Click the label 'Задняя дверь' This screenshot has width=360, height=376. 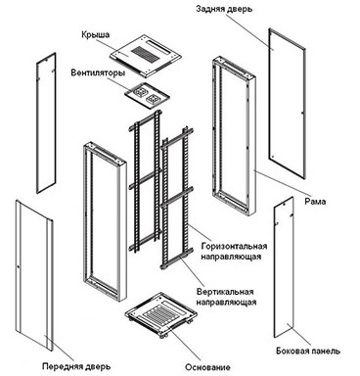pyautogui.click(x=224, y=9)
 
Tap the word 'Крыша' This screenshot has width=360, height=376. pyautogui.click(x=95, y=35)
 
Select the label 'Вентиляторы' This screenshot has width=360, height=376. pyautogui.click(x=98, y=72)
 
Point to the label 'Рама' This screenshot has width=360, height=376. pyautogui.click(x=315, y=202)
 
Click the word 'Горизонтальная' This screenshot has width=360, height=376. pyautogui.click(x=234, y=246)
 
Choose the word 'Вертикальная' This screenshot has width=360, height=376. pyautogui.click(x=225, y=292)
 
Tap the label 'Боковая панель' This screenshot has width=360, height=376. pyautogui.click(x=308, y=352)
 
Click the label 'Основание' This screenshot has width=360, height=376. pyautogui.click(x=207, y=367)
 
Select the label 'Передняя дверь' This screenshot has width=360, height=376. pyautogui.click(x=76, y=366)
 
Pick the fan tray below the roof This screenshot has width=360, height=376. pyautogui.click(x=147, y=94)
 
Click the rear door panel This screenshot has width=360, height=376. pyautogui.click(x=287, y=104)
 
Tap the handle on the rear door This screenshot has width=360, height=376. pyautogui.click(x=302, y=113)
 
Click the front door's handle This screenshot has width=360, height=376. pyautogui.click(x=19, y=267)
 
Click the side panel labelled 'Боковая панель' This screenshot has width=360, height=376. pyautogui.click(x=284, y=267)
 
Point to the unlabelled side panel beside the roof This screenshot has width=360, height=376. pyautogui.click(x=46, y=123)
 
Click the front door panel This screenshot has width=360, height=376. pyautogui.click(x=34, y=276)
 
